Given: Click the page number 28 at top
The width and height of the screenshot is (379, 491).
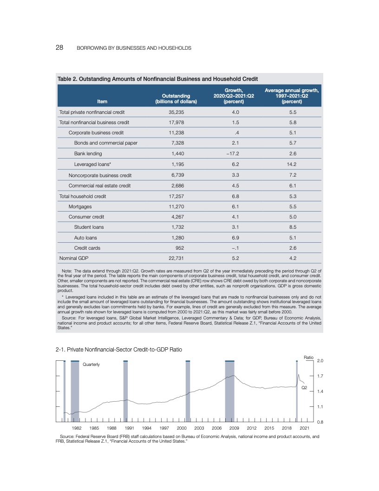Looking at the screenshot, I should pos(60,48).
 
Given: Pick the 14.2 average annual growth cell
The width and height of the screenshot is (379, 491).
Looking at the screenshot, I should pos(292,164).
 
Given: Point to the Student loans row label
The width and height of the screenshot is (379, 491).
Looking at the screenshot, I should pos(89,227).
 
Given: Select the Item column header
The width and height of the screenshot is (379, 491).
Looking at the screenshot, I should pos(102,101).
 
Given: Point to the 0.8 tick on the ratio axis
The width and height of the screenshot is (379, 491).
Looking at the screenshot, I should pos(320,422).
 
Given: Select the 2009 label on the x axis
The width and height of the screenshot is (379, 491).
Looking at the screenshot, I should pos(234,428).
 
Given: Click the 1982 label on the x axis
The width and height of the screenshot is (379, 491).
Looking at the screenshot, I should pos(77,428).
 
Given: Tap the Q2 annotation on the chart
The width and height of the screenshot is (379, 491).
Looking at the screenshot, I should pos(305,387).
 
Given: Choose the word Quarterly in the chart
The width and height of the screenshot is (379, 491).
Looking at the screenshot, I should pos(91,365).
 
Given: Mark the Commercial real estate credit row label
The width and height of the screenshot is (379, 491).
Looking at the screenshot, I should pos(99,186).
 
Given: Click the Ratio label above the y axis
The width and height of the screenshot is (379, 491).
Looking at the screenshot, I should pos(309,357).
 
